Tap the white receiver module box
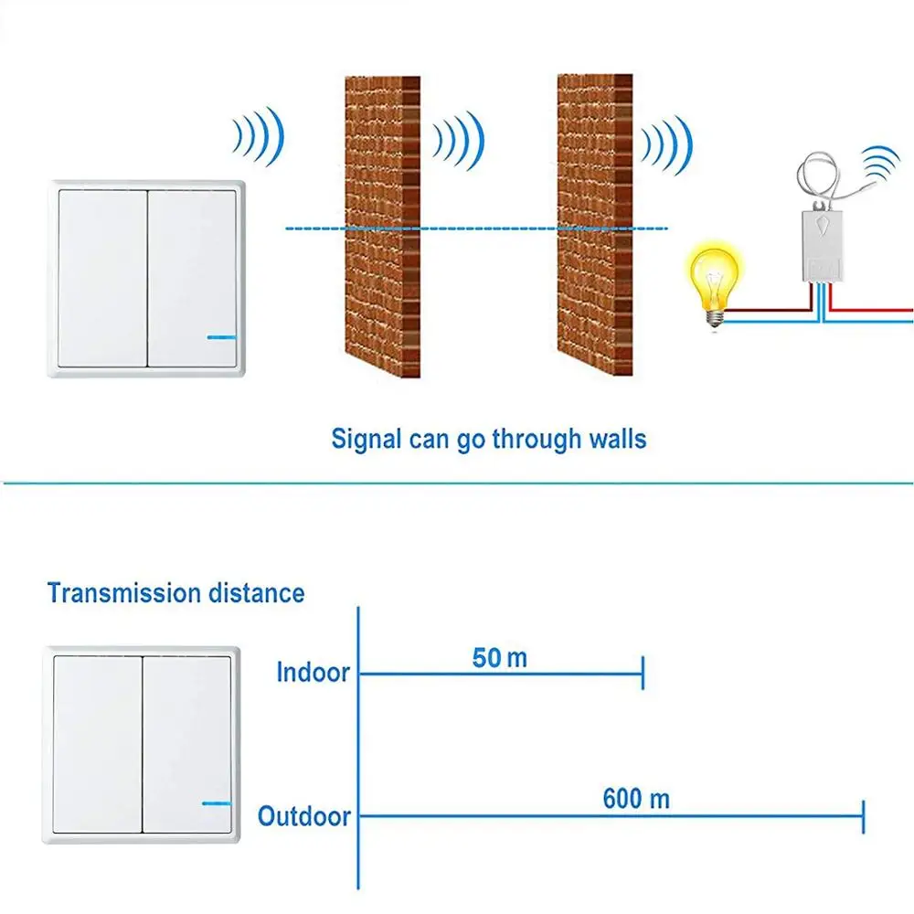click(x=821, y=241)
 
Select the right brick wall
click(x=594, y=224)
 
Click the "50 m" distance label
click(x=499, y=657)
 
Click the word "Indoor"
click(x=313, y=673)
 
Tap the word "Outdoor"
click(x=304, y=815)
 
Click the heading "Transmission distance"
click(x=175, y=593)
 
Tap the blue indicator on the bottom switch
click(x=217, y=803)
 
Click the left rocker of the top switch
click(x=102, y=278)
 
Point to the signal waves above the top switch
click(x=259, y=137)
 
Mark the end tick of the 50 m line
click(x=643, y=674)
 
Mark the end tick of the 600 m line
click(x=863, y=815)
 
